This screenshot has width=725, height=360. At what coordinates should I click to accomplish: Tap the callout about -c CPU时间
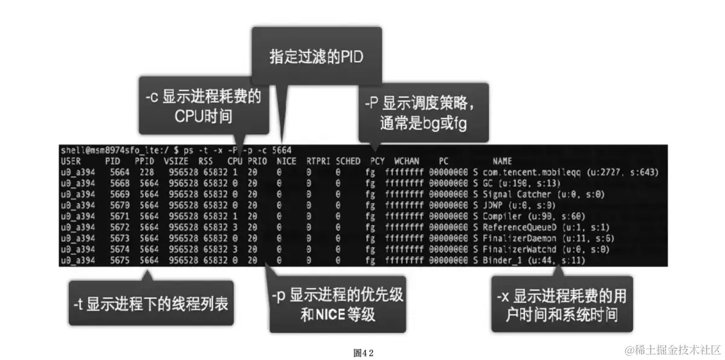tap(204, 106)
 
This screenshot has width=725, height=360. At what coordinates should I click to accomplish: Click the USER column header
tap(72, 162)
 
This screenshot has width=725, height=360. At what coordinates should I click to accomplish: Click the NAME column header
tap(502, 162)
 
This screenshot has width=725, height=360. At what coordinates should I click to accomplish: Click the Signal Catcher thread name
tap(517, 194)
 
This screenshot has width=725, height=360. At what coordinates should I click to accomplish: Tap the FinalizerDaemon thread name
tap(520, 239)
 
